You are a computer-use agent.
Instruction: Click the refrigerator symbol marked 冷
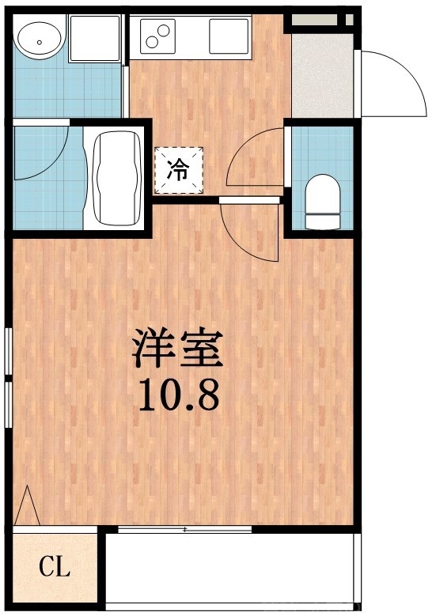coord(179,170)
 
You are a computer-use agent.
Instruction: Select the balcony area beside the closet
coord(229,567)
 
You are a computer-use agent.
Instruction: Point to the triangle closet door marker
coord(27,505)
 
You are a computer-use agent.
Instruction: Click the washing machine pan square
coord(95,37)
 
